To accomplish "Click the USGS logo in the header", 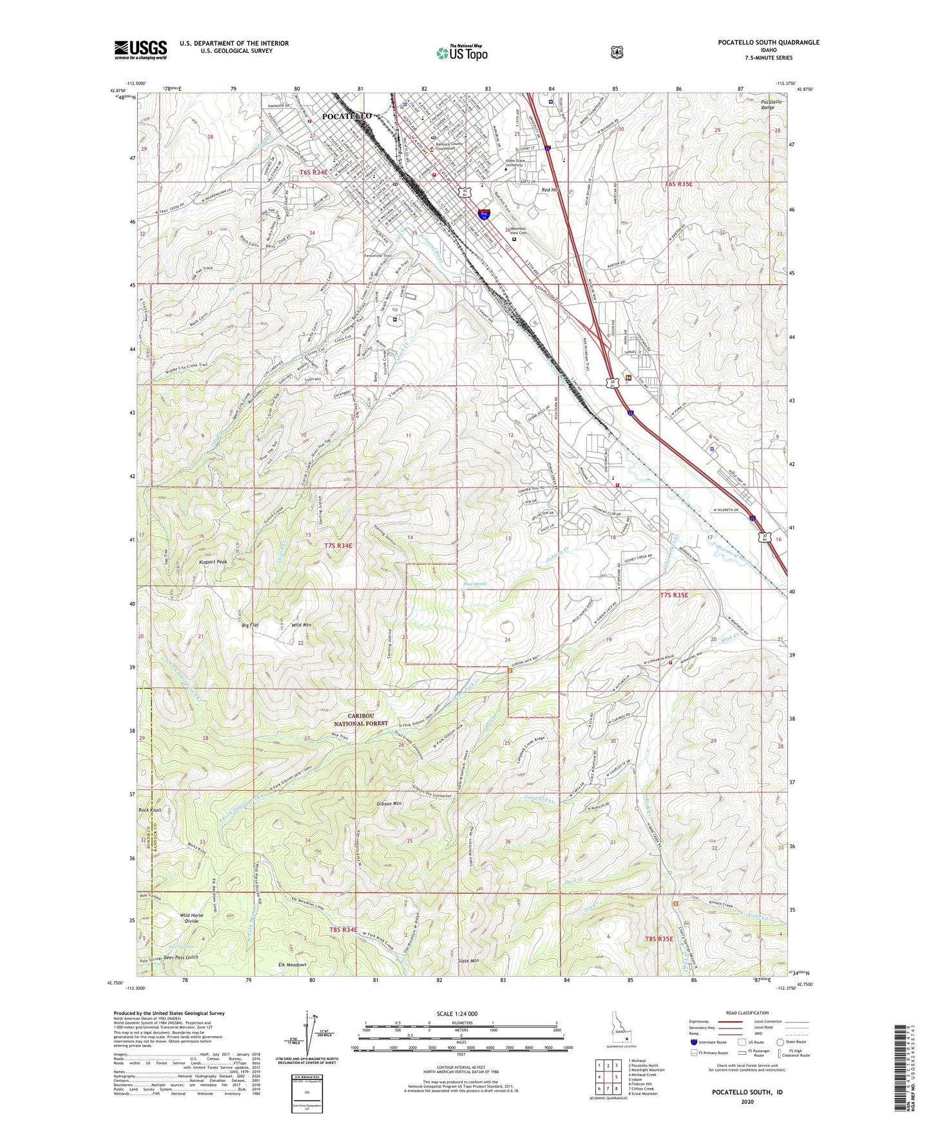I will tap(140, 49).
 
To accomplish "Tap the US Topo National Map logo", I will tap(461, 52).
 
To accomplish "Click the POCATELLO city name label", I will tap(346, 115).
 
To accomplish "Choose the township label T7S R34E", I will tap(338, 545).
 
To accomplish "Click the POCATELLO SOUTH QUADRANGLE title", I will tap(769, 43).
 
